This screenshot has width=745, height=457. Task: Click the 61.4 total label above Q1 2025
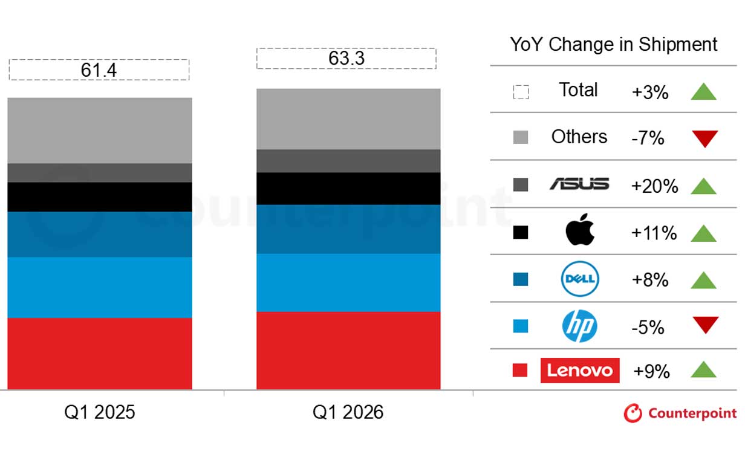[x=99, y=70]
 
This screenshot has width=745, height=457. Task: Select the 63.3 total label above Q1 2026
[x=346, y=59]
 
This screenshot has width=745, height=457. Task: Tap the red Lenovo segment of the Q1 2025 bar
[x=100, y=354]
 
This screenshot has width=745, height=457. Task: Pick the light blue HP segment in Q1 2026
[x=348, y=282]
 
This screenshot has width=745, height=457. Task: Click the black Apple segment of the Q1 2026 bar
[x=348, y=189]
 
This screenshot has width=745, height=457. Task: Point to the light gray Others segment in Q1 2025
[x=100, y=131]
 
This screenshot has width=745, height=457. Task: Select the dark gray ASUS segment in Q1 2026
[x=348, y=161]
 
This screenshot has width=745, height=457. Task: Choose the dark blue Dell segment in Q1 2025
[x=100, y=235]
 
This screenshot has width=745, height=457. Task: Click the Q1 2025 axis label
[x=100, y=412]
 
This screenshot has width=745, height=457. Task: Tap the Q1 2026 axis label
[x=348, y=412]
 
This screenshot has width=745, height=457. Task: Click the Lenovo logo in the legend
[x=580, y=370]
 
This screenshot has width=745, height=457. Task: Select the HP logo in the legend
[x=579, y=326]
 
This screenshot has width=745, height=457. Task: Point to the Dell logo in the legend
[x=579, y=279]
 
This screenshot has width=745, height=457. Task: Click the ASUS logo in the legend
[x=579, y=184]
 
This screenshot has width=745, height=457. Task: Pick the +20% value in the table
[x=654, y=186]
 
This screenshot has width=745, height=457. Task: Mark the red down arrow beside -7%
[x=704, y=139]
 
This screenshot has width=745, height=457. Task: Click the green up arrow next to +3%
[x=703, y=92]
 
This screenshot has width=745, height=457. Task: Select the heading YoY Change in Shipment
[x=613, y=44]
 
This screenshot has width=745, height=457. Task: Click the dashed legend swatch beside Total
[x=521, y=92]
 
